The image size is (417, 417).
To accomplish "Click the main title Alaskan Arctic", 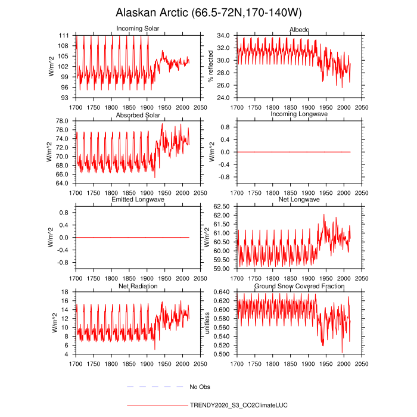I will click(208, 13).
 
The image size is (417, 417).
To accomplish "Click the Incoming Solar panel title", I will click(138, 29).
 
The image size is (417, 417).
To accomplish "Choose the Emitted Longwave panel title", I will click(138, 200).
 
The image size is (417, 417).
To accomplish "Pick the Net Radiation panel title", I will click(138, 287).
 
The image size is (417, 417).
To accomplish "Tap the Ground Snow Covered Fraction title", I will click(299, 287).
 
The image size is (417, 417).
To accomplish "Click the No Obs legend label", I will click(200, 387).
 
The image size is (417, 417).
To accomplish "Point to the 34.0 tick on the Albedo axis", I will click(223, 36).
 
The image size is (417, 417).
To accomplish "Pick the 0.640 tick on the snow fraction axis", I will click(222, 291).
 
